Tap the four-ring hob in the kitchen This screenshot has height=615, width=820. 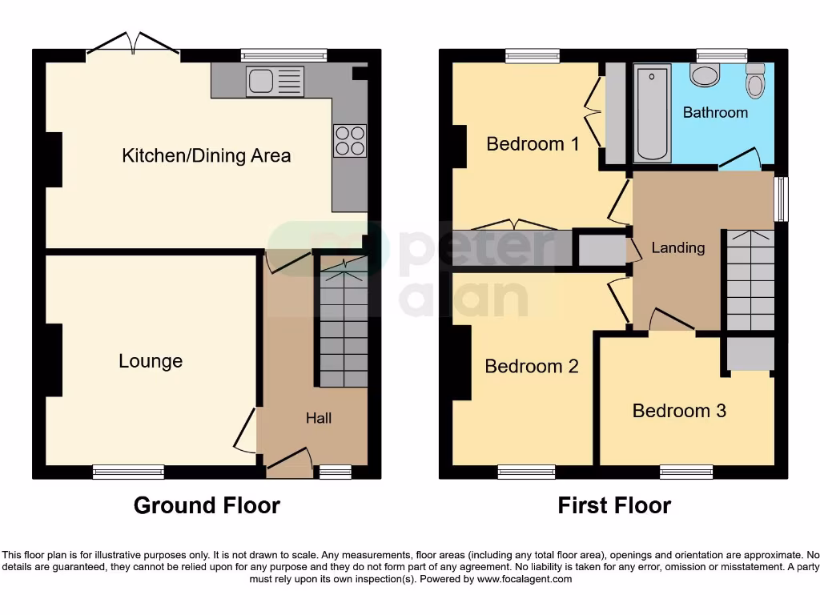pyautogui.click(x=349, y=141)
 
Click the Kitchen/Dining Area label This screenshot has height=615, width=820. pyautogui.click(x=206, y=155)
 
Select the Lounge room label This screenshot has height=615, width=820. pyautogui.click(x=151, y=361)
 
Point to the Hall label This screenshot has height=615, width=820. pyautogui.click(x=319, y=418)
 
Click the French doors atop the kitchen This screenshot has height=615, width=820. pyautogui.click(x=133, y=44)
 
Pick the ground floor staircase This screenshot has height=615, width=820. pyautogui.click(x=344, y=325)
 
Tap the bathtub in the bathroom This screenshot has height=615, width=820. pyautogui.click(x=652, y=113)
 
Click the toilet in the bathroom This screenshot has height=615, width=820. pyautogui.click(x=755, y=81)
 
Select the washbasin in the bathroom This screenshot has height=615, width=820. pyautogui.click(x=705, y=75)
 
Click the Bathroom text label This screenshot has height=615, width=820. pyautogui.click(x=715, y=113)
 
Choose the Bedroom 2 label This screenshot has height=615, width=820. pyautogui.click(x=532, y=366)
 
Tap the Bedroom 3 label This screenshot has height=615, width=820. pyautogui.click(x=679, y=411)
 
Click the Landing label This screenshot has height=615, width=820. pyautogui.click(x=677, y=247)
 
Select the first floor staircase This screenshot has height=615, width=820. pyautogui.click(x=750, y=280)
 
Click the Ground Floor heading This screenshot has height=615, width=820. pyautogui.click(x=207, y=505)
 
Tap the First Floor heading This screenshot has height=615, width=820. pyautogui.click(x=614, y=505)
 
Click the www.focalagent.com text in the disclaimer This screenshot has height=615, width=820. pyautogui.click(x=525, y=579)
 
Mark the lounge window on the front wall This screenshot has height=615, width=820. pyautogui.click(x=128, y=472)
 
